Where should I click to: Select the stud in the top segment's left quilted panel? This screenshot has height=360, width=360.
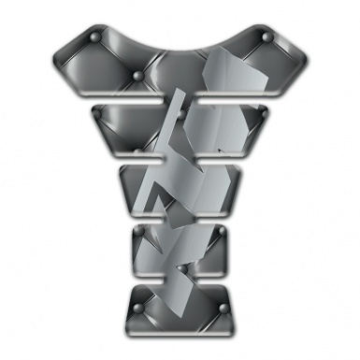(x=137, y=74)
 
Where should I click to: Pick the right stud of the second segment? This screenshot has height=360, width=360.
(x=261, y=113)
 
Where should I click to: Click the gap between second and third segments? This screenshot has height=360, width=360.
(x=180, y=161)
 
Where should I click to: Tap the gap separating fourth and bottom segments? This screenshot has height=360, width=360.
(x=180, y=276)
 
